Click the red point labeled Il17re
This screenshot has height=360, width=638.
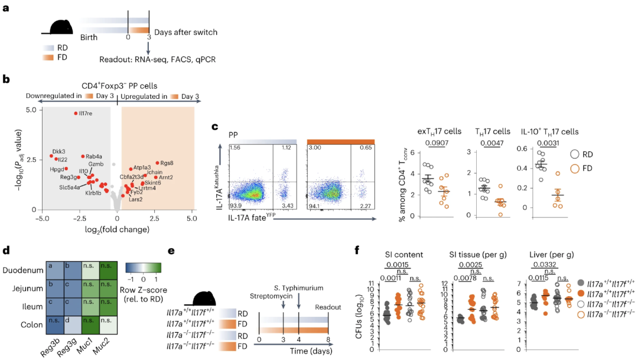pyautogui.click(x=76, y=113)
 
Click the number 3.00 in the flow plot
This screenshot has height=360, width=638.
pyautogui.click(x=314, y=146)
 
